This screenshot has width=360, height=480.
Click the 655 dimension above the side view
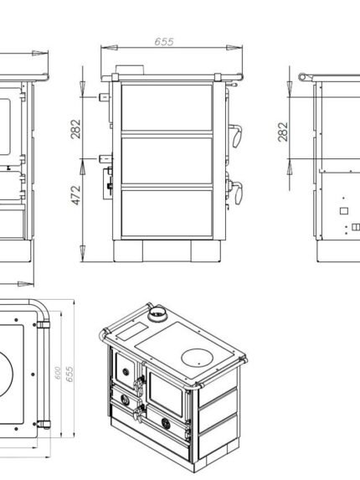point(164,42)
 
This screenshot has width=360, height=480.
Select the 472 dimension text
point(75,195)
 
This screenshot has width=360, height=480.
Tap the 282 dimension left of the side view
point(75,129)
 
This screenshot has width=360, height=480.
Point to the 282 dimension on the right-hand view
point(283,132)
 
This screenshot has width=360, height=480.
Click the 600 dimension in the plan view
point(58,373)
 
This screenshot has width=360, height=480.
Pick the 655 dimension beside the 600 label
point(69,374)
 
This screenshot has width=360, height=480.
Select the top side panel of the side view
point(167,107)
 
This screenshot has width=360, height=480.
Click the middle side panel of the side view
point(167,161)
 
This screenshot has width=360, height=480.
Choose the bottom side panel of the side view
point(167,214)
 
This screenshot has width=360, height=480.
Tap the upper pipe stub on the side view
point(105,97)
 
